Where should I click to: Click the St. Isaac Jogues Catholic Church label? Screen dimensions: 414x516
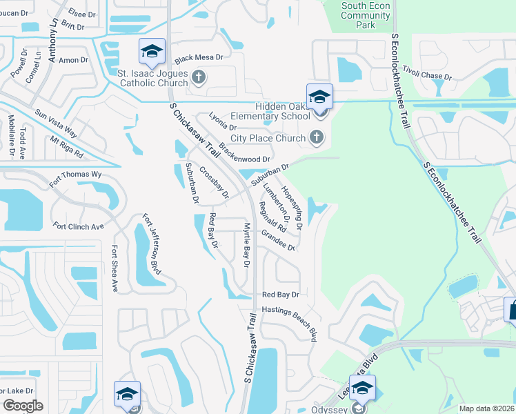click(x=153, y=78)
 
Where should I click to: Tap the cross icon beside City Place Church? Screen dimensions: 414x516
click(x=317, y=137)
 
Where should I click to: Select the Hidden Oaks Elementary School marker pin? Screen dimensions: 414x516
click(x=320, y=97)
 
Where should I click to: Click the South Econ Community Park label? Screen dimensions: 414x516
click(x=366, y=15)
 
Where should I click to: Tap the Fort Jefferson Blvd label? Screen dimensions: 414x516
click(x=152, y=244)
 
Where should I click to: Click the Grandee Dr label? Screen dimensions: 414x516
click(x=278, y=241)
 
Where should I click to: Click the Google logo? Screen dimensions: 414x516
click(x=23, y=406)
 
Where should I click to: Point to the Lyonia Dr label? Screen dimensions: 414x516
click(x=222, y=122)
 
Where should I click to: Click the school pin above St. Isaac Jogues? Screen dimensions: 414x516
click(x=152, y=51)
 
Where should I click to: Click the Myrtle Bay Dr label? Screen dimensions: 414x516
click(x=246, y=245)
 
